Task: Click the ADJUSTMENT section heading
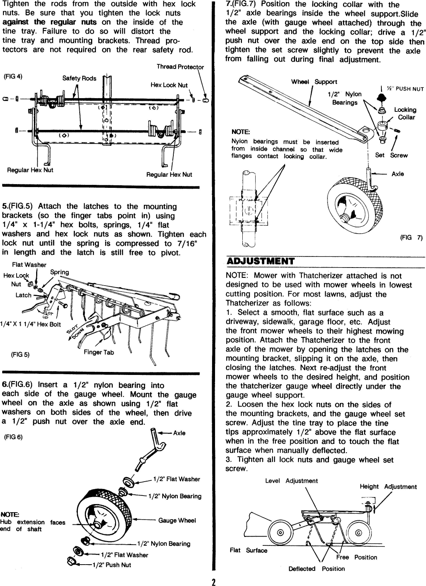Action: point(260,261)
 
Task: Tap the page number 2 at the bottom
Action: point(213,582)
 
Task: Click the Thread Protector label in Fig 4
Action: point(180,67)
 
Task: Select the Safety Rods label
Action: point(79,78)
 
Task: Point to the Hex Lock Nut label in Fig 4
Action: point(169,85)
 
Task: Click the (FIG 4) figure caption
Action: point(13,77)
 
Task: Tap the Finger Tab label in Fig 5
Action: point(98,352)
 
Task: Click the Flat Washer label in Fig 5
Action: point(29,265)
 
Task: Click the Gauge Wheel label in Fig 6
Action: point(177,520)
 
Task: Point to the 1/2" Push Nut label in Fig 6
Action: point(111,565)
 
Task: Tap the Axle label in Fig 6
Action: point(179,433)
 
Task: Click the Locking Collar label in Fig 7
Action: point(405,113)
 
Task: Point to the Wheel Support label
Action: point(314,82)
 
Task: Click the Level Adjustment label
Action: point(291,481)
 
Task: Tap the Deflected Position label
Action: point(316,569)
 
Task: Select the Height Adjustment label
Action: point(388,487)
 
